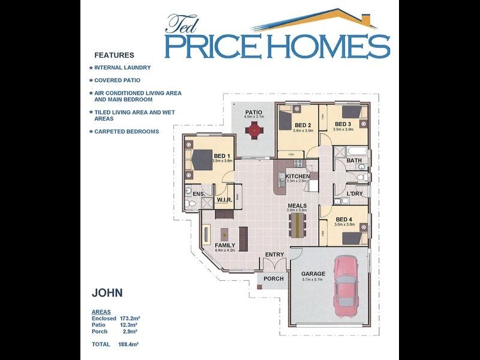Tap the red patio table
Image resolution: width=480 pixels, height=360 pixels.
[254, 129]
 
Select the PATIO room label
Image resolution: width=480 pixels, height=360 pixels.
[253, 112]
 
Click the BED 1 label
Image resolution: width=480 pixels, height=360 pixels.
[222, 156]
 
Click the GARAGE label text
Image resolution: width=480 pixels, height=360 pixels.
[313, 274]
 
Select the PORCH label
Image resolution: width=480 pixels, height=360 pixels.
[274, 279]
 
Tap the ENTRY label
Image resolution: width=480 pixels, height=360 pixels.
[274, 255]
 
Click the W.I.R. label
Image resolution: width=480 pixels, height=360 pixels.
[224, 200]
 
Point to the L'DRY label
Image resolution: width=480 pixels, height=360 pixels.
[354, 194]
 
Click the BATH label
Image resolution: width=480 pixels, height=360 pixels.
[354, 160]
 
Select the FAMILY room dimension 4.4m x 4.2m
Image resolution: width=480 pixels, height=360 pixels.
[225, 250]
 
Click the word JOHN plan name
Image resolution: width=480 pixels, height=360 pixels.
[107, 293]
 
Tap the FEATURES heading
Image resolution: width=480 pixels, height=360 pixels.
[114, 55]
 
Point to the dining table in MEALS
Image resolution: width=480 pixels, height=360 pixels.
[296, 226]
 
